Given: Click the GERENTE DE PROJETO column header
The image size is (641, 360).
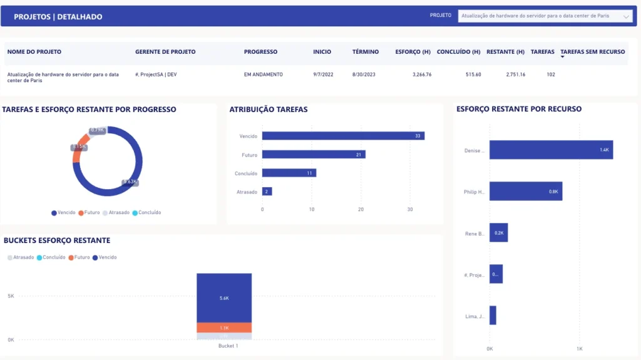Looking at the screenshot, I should [165, 52].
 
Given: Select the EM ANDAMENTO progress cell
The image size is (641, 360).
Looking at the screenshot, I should [263, 75].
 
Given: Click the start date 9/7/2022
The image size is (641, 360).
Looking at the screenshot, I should [322, 75].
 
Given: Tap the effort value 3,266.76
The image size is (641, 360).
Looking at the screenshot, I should [422, 75].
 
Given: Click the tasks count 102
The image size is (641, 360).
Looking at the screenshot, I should [551, 75].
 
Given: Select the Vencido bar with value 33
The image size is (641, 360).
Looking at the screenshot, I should [343, 136].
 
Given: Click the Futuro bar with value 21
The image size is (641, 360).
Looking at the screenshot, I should [314, 155].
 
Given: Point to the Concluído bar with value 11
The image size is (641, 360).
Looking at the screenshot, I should [289, 173].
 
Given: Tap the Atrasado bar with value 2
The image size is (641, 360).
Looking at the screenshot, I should [267, 192].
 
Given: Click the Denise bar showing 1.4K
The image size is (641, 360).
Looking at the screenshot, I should [551, 150].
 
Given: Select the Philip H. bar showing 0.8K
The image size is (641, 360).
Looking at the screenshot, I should [526, 192].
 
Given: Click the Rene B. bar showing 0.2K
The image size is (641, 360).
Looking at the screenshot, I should [498, 233].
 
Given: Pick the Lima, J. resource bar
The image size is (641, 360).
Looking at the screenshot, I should [493, 316].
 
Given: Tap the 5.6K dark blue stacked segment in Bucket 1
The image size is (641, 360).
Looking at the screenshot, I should [224, 298].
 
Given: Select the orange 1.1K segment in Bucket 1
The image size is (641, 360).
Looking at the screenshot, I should [224, 327].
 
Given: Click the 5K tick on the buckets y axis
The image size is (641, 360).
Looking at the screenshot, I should [10, 296].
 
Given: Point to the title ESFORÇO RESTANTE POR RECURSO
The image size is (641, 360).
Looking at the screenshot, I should [519, 109].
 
